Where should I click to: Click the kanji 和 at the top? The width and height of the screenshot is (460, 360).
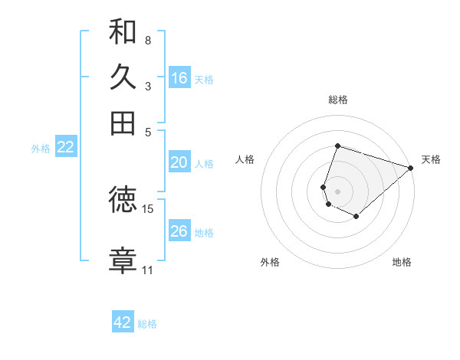tap(123, 32)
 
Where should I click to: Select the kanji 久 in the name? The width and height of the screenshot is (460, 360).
tap(123, 77)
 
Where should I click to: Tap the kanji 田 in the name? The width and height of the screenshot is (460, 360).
tap(123, 123)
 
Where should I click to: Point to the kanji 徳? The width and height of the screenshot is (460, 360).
tap(123, 201)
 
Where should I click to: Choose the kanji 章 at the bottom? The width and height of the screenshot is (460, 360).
tap(123, 260)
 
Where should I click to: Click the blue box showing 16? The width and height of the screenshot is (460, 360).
tap(179, 78)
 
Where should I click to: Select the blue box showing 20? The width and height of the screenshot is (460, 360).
tap(179, 162)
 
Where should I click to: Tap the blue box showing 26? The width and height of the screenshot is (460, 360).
tap(179, 231)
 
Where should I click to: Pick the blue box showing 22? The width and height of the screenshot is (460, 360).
tap(66, 148)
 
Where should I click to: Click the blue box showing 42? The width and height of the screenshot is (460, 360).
tap(123, 322)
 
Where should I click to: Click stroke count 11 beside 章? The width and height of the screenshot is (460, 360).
tap(148, 270)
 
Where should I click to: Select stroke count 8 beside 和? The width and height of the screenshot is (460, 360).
tap(148, 40)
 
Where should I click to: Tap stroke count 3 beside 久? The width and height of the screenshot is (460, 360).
tap(148, 86)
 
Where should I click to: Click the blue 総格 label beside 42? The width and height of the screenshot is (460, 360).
tap(147, 324)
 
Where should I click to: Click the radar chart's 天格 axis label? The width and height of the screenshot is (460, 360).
tap(431, 159)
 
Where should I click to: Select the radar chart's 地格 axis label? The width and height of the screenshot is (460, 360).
tap(402, 263)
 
